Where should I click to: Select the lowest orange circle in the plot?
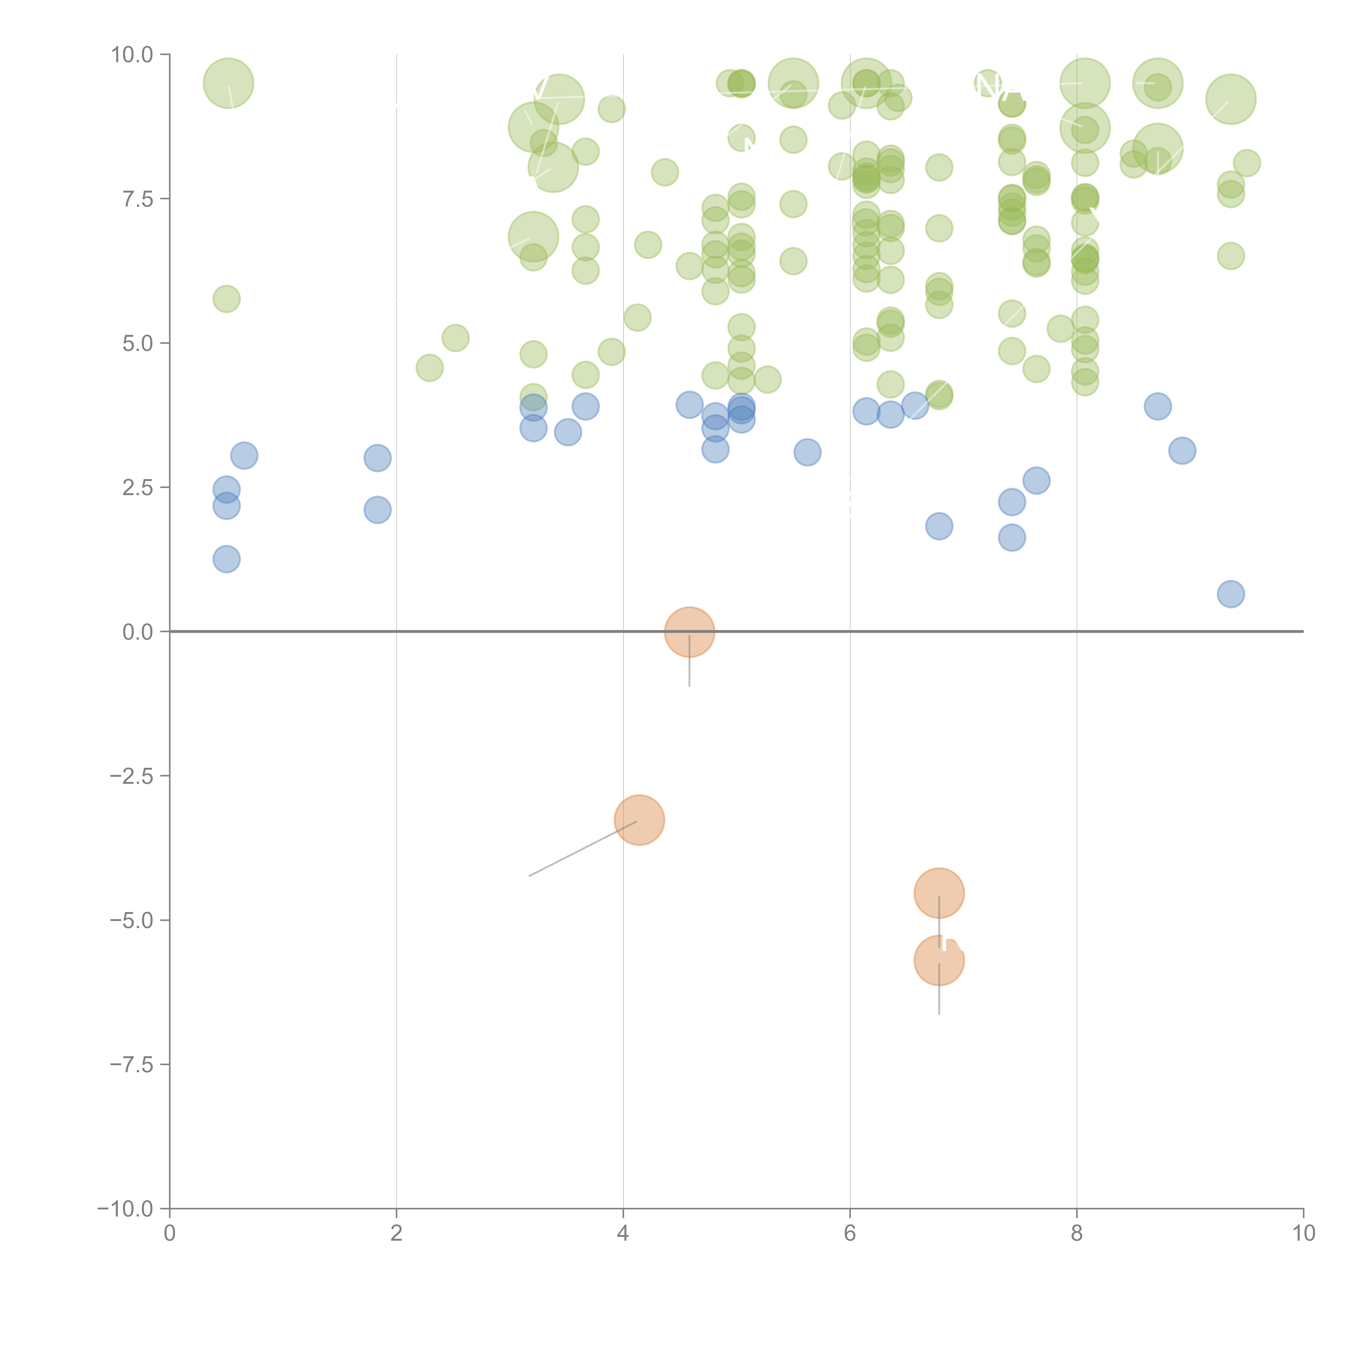(939, 961)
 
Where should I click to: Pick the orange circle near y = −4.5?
(939, 893)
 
